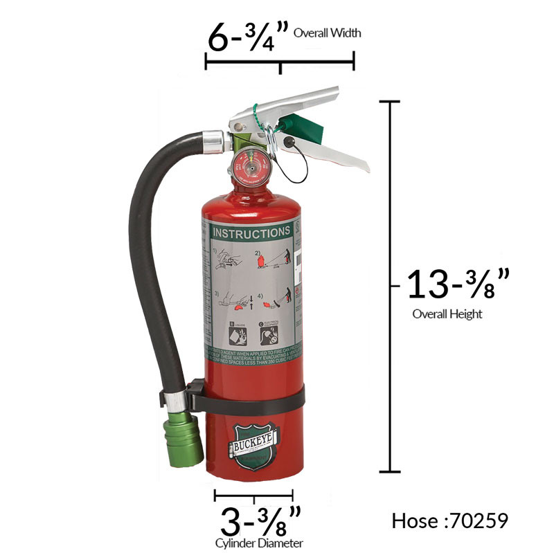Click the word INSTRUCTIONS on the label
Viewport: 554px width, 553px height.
point(251,233)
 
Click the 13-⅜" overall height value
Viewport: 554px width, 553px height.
point(458,284)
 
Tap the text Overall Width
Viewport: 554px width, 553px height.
point(328,33)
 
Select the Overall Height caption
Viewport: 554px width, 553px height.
point(447,314)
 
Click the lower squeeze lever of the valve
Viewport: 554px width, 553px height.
point(332,149)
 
